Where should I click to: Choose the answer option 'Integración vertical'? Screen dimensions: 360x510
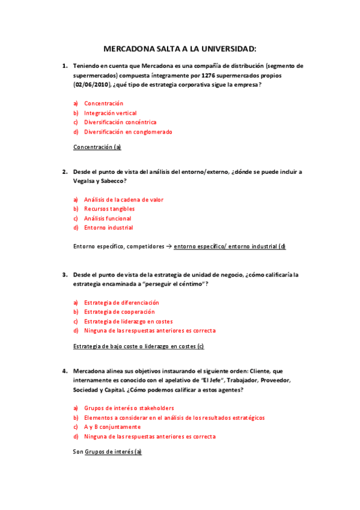point(110,113)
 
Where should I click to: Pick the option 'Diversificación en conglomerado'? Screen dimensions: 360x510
point(128,132)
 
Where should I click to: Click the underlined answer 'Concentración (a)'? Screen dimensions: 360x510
point(97,147)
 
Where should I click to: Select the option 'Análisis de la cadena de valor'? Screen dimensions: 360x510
point(123,200)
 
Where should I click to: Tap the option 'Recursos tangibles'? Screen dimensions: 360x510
point(109,209)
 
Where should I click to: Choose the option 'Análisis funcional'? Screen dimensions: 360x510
point(108,218)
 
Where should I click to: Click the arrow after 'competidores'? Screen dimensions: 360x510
point(152,247)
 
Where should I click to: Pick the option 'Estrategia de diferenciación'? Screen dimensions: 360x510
point(121,303)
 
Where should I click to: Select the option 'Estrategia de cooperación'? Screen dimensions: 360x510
point(119,312)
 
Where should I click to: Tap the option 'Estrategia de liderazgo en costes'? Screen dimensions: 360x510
point(128,321)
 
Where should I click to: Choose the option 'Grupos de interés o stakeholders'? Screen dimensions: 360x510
point(129,408)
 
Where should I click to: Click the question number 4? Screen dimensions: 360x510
point(64,371)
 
